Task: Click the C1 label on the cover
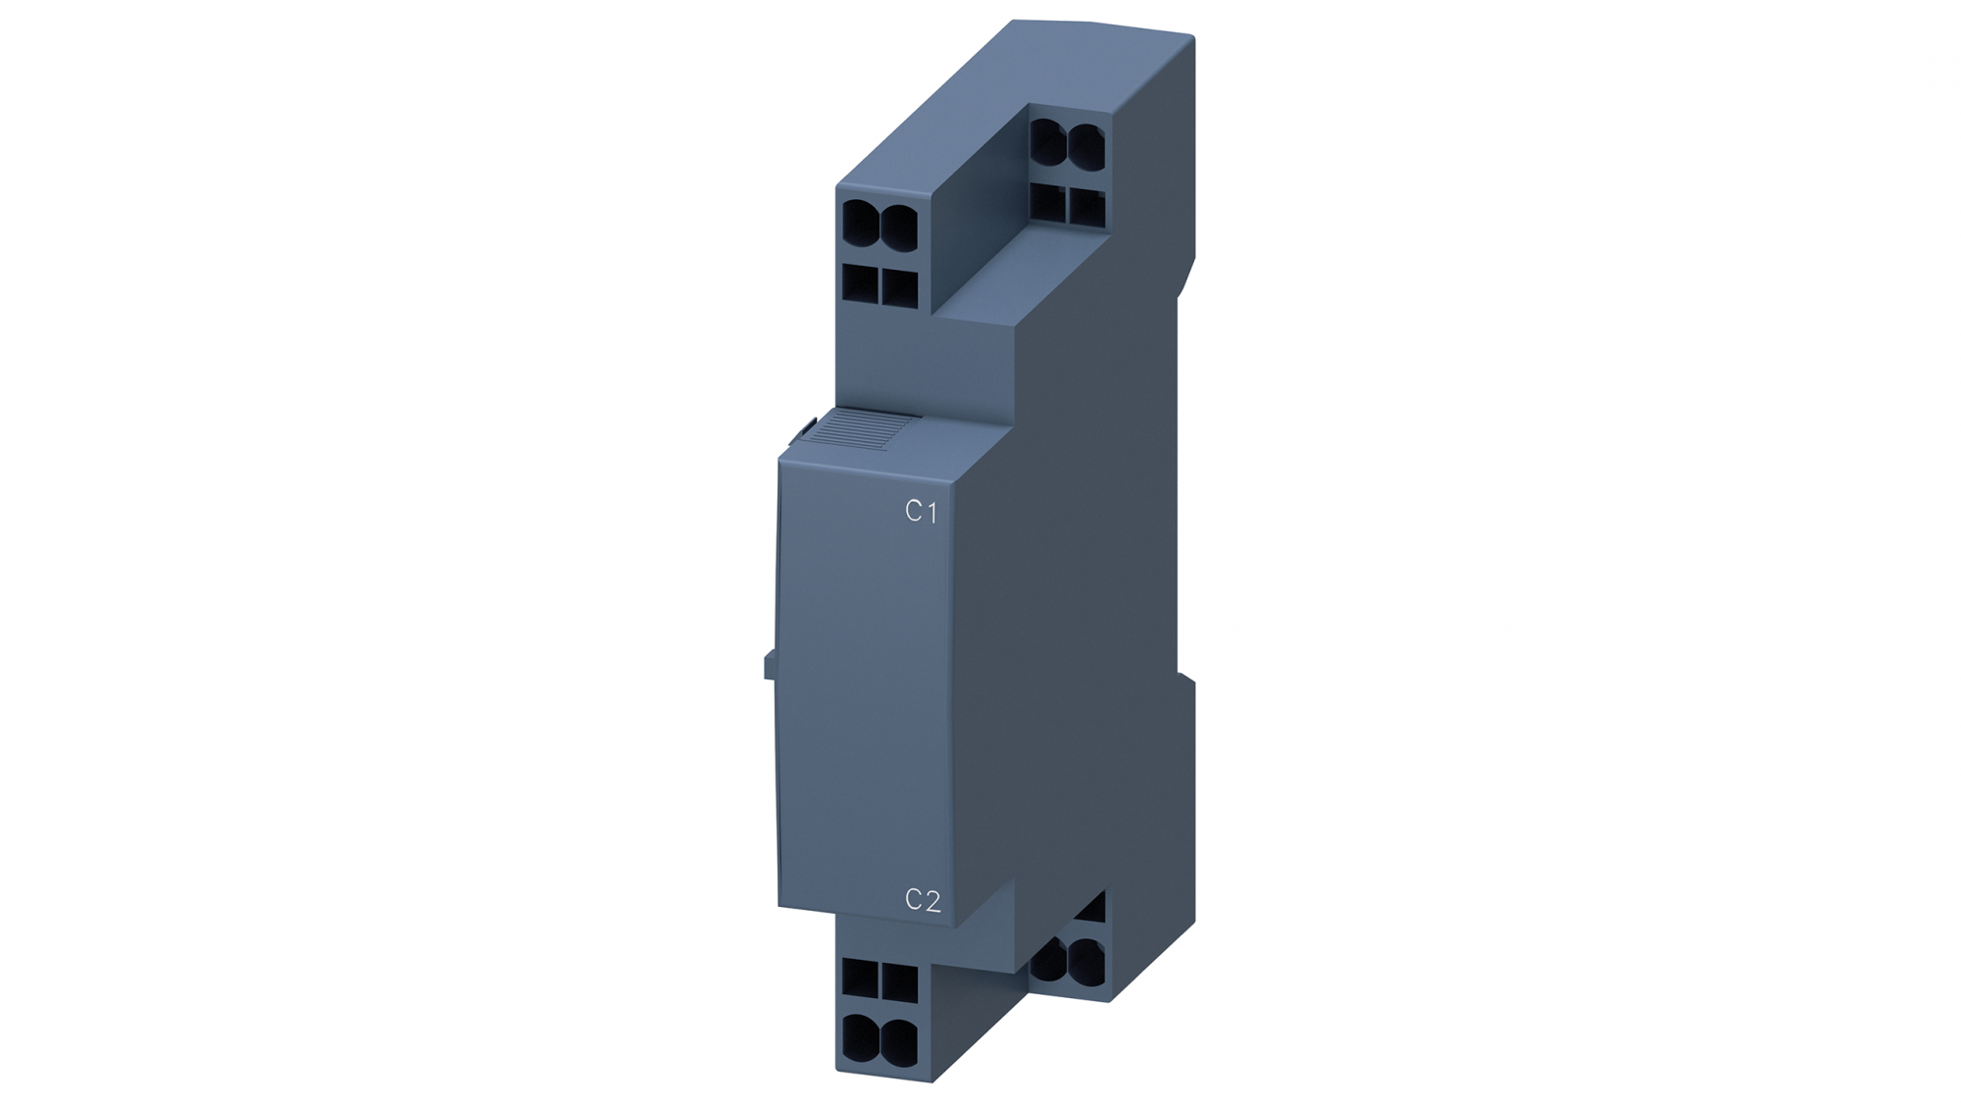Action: tap(921, 511)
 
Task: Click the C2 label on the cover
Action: tap(922, 900)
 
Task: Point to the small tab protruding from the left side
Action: tap(770, 666)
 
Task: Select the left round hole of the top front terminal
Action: tap(860, 226)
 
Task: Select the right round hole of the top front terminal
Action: tap(899, 226)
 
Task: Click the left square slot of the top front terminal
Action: tap(860, 284)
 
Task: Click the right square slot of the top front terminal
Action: tap(899, 287)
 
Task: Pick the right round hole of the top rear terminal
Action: tap(1085, 148)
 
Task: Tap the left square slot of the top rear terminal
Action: tap(1047, 203)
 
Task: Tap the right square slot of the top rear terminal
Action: tap(1086, 207)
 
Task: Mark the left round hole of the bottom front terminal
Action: tap(860, 1035)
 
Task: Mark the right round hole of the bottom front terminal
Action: tap(899, 1039)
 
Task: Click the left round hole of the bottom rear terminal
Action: tap(1049, 959)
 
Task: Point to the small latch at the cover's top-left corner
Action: tap(804, 427)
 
